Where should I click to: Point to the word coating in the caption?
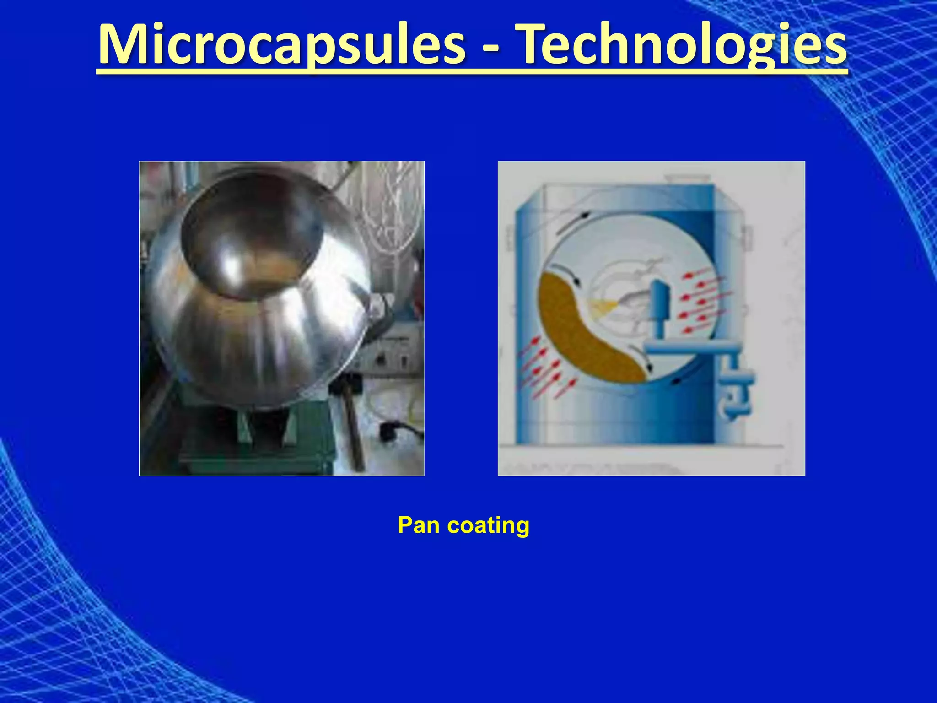(488, 526)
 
